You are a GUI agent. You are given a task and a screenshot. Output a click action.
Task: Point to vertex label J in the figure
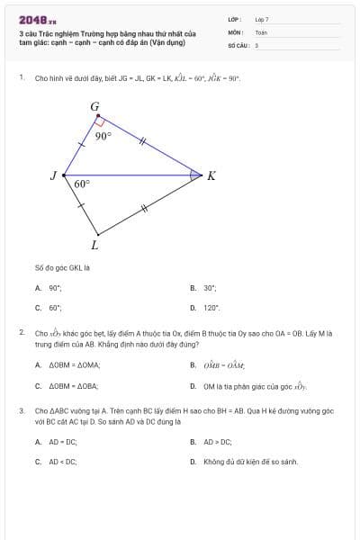coord(53,175)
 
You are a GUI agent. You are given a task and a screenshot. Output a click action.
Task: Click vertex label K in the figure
coord(211,175)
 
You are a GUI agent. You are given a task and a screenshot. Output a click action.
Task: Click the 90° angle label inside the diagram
coord(103,137)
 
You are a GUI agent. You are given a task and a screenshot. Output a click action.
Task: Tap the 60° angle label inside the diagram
coord(82,183)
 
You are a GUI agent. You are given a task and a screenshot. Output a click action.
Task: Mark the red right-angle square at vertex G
coord(101,121)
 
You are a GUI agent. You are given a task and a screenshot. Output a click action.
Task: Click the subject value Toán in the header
coord(262,31)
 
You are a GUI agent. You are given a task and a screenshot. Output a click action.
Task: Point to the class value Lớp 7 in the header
coord(262,19)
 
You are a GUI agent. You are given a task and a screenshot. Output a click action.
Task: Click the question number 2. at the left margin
coord(22,333)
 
